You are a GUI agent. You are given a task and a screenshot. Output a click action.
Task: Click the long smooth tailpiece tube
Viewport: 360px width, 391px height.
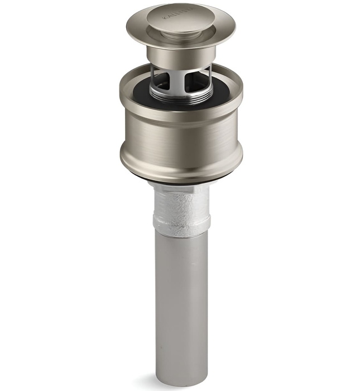[x=181, y=290]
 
